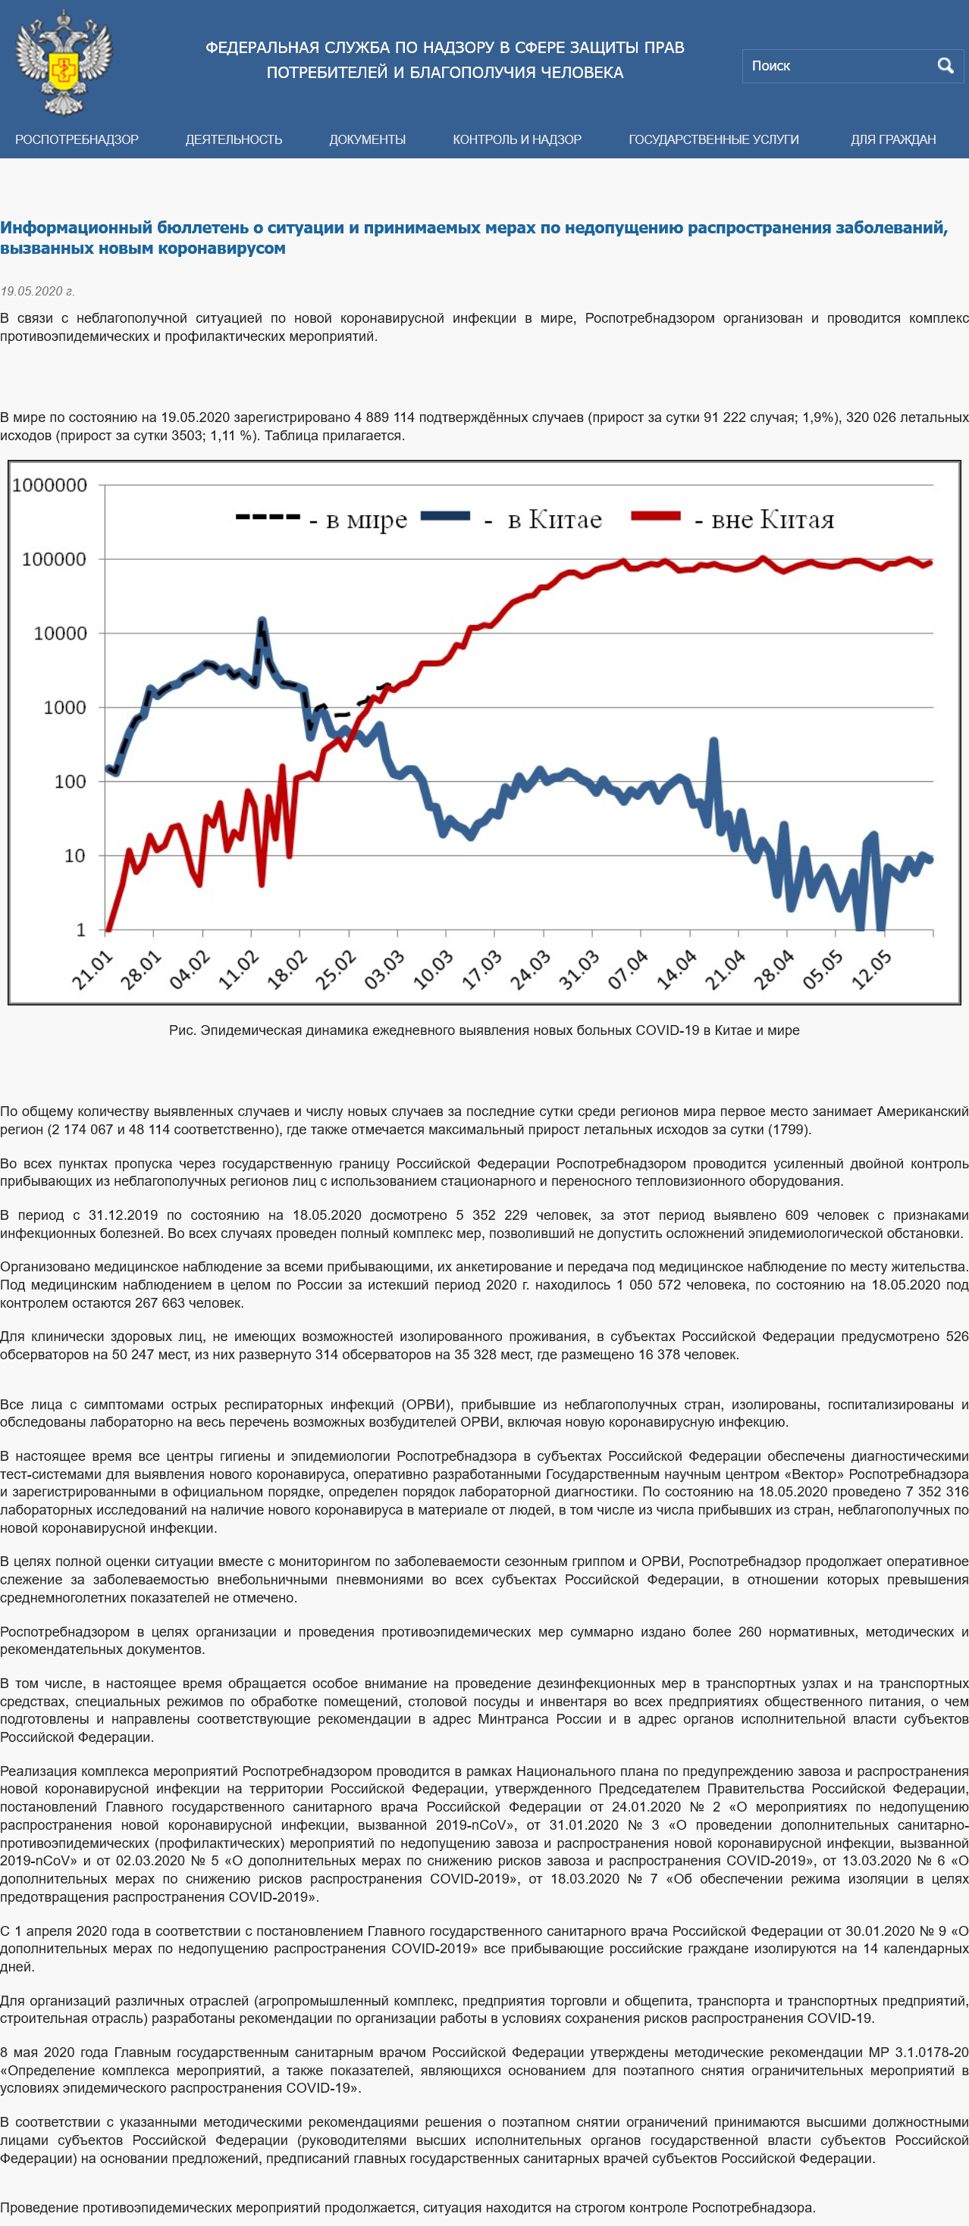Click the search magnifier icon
[945, 66]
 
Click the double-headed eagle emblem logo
[64, 62]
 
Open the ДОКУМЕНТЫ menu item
[368, 139]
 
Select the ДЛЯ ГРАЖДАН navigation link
[893, 139]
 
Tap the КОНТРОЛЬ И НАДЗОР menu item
[517, 139]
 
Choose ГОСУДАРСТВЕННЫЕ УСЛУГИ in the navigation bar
[713, 139]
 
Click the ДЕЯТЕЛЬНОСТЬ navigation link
[234, 139]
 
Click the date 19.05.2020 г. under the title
[37, 291]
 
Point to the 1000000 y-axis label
[50, 486]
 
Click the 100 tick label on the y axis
[70, 782]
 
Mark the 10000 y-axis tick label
[61, 634]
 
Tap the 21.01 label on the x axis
[93, 970]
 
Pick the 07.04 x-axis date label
[629, 970]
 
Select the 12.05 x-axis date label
[872, 970]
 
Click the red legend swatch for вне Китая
[655, 516]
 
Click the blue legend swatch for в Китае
[445, 516]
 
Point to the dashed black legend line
[267, 517]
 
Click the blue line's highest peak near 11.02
[262, 621]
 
